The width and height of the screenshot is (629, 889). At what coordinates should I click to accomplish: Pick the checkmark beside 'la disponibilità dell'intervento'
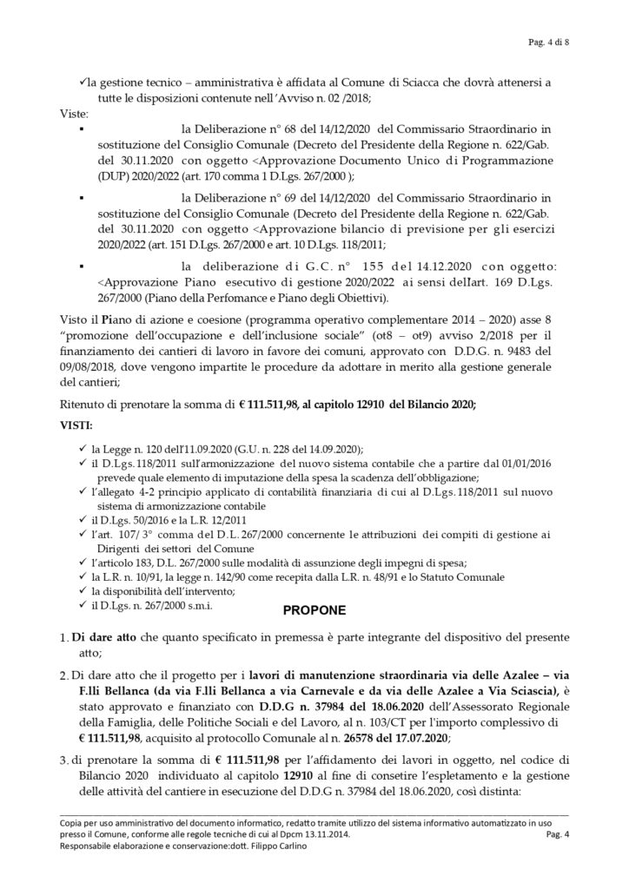click(x=82, y=590)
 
